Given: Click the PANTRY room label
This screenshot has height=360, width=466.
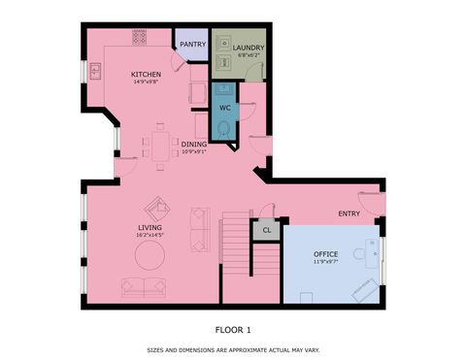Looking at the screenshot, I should tap(192, 45).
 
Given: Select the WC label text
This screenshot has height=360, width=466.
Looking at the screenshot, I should tap(223, 108).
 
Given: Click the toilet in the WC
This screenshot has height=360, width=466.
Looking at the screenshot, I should tap(224, 129).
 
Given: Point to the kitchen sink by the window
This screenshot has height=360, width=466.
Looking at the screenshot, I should tap(95, 71).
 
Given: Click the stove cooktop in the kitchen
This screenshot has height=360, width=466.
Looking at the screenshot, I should tap(138, 37).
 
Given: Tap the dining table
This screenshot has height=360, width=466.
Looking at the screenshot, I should tap(160, 145).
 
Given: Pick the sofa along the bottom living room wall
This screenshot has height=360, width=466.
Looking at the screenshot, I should tap(143, 287).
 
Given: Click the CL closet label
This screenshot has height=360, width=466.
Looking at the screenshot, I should tap(265, 230).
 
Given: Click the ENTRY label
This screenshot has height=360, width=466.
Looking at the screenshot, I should tap(349, 213).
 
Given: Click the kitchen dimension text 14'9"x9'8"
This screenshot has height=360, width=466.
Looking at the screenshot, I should tap(149, 82).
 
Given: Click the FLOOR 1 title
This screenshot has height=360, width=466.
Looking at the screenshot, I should tap(233, 329).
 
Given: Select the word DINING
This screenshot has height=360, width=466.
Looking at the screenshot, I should tap(194, 144).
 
